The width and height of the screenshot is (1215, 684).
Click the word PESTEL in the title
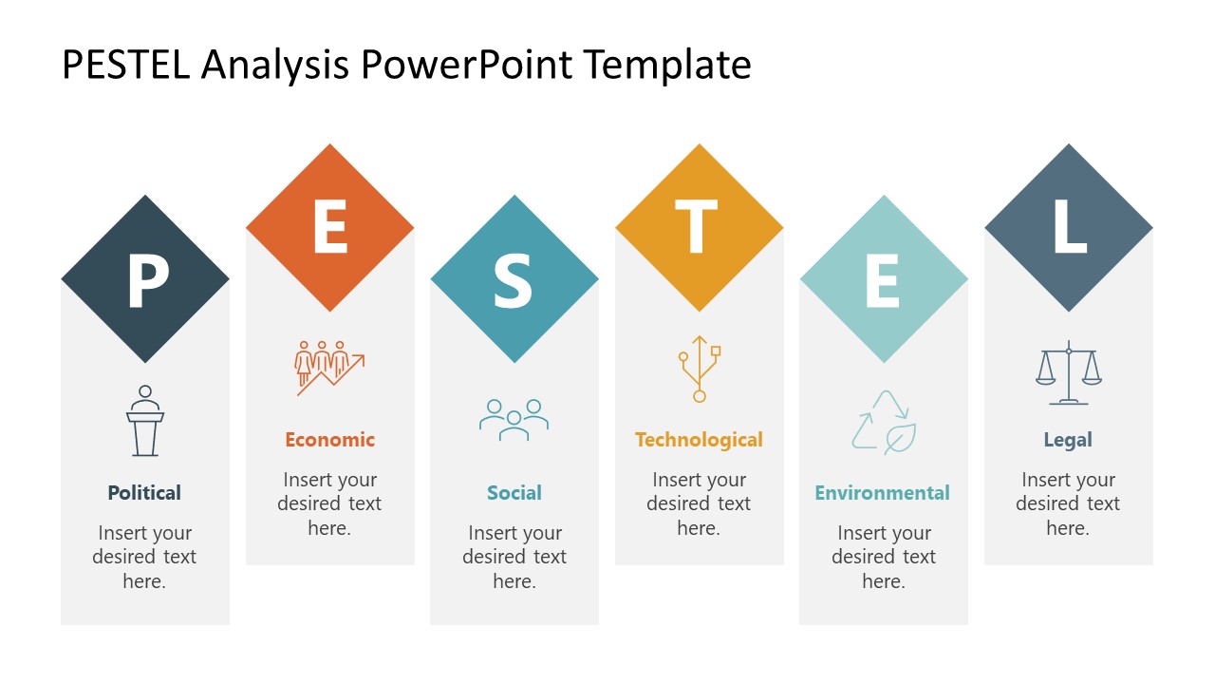[x=126, y=65]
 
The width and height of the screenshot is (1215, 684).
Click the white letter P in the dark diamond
[x=148, y=280]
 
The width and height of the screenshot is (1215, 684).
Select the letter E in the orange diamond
[x=330, y=226]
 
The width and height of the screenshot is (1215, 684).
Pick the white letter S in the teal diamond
[x=513, y=281]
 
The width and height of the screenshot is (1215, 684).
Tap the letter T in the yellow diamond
[x=696, y=226]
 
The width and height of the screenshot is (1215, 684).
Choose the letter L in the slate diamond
[x=1070, y=226]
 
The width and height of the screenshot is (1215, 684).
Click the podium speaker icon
[x=145, y=421]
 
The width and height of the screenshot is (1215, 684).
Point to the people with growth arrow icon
[x=329, y=368]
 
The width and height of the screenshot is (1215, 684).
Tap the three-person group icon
[x=514, y=419]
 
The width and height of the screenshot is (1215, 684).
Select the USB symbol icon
[x=700, y=369]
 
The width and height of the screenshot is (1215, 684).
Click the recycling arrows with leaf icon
[x=884, y=423]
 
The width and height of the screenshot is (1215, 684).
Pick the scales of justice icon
[x=1069, y=373]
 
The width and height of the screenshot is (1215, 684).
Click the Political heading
[x=144, y=493]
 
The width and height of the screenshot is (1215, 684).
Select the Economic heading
[x=329, y=440]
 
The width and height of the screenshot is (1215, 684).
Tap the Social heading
[x=514, y=493]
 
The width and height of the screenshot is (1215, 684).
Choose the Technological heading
[x=700, y=440]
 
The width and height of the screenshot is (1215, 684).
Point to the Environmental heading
[x=883, y=493]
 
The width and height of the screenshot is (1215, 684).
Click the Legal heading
[x=1068, y=440]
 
